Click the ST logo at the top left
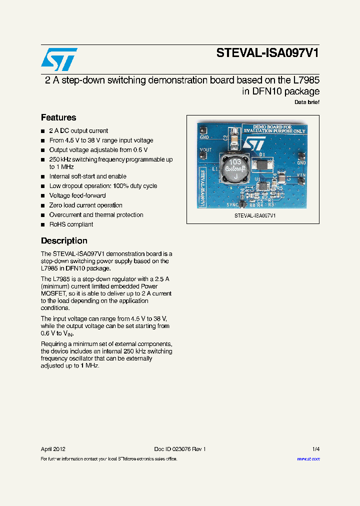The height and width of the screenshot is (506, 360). (x=59, y=59)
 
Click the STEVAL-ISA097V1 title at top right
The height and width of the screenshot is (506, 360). (x=267, y=54)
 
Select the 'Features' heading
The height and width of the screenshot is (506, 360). (x=58, y=117)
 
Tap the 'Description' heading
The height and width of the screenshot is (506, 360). (x=64, y=240)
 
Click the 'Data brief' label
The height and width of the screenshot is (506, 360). (x=307, y=102)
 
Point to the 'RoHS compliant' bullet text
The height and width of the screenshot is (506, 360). (x=71, y=224)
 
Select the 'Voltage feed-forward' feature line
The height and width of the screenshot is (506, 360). (x=77, y=195)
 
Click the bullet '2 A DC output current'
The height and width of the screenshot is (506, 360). (x=78, y=131)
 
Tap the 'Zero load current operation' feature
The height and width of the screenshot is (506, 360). (x=85, y=205)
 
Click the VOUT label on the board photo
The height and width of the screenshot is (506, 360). (x=205, y=149)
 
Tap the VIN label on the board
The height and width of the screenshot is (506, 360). (x=301, y=175)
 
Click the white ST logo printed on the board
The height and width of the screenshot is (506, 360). (x=252, y=143)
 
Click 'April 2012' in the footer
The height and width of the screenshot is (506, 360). (x=53, y=449)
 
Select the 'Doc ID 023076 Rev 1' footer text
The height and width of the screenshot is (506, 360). (x=179, y=449)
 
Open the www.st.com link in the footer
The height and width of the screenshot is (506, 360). (x=308, y=459)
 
